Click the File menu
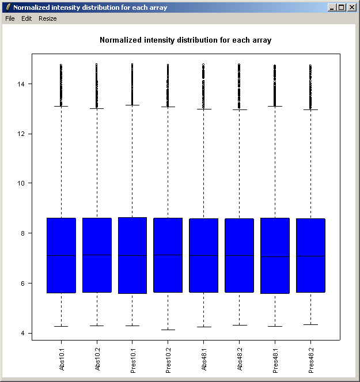(x=10, y=18)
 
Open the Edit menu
(x=26, y=18)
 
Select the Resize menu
(x=48, y=18)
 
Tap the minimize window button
(x=332, y=7)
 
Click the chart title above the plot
(x=185, y=40)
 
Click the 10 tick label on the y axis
(x=21, y=184)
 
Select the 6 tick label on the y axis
(x=22, y=283)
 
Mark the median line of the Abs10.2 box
(x=97, y=255)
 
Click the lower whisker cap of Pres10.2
(x=168, y=330)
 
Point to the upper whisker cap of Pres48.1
(x=275, y=106)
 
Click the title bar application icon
(x=7, y=7)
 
